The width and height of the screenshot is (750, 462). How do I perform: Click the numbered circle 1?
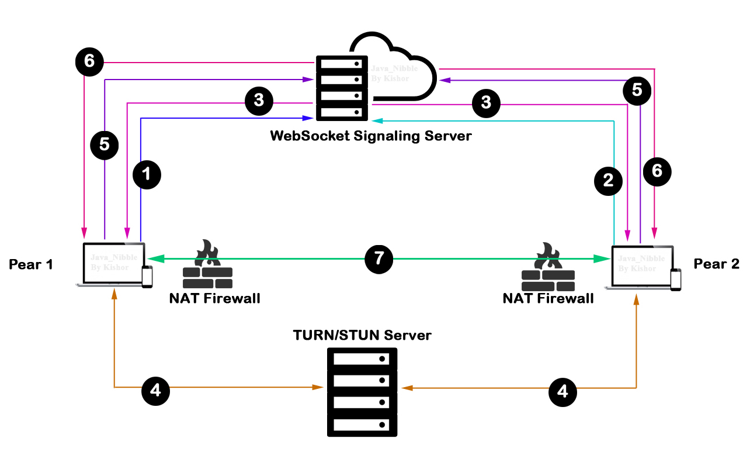click(x=147, y=174)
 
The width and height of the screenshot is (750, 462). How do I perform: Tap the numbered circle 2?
click(x=608, y=180)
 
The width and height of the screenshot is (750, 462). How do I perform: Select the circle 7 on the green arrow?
click(x=379, y=258)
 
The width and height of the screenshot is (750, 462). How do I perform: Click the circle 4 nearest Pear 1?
click(x=155, y=390)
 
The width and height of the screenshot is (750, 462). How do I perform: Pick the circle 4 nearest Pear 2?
click(x=562, y=391)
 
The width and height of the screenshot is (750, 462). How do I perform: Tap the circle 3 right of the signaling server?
click(x=486, y=102)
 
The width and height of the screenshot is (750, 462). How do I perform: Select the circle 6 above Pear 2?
click(x=657, y=171)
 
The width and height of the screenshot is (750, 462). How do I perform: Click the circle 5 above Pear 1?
click(x=105, y=144)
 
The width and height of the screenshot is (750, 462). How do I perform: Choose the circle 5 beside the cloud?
click(x=637, y=89)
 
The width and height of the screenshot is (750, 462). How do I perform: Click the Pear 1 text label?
click(x=31, y=264)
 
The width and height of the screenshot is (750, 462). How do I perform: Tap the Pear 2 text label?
click(x=716, y=264)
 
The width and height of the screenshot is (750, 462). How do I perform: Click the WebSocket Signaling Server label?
click(x=370, y=136)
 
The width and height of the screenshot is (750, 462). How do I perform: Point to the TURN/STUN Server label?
click(x=362, y=335)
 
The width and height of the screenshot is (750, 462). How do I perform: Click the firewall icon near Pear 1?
click(x=207, y=265)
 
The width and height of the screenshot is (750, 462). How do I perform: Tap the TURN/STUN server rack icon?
click(x=362, y=392)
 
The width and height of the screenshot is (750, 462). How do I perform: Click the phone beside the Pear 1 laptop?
click(x=147, y=276)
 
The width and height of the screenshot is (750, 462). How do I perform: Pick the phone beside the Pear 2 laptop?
click(x=676, y=280)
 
